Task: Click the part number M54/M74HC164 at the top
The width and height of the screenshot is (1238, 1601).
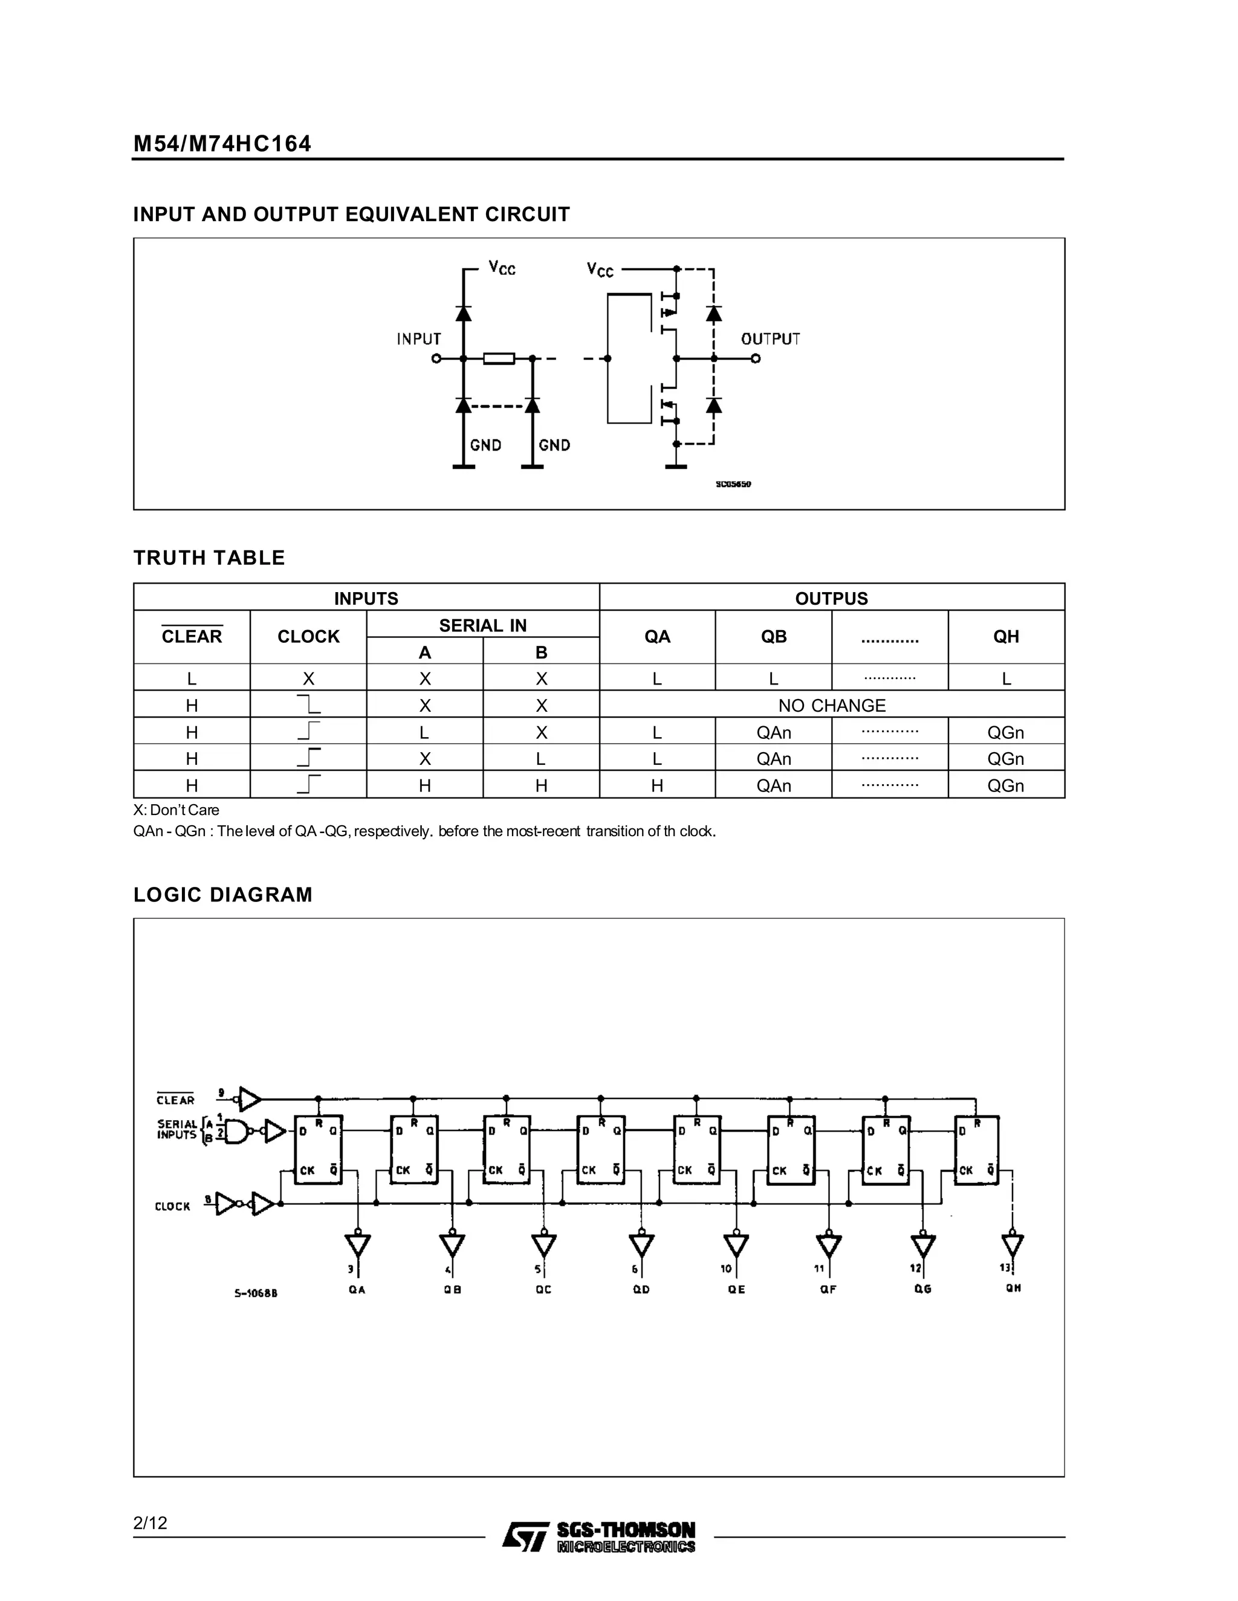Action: (x=222, y=144)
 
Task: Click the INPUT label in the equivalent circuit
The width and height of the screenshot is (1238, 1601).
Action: (x=419, y=339)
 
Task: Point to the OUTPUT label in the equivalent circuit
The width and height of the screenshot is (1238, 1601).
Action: (x=770, y=339)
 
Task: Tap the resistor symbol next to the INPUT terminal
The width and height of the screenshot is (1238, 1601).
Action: (x=499, y=358)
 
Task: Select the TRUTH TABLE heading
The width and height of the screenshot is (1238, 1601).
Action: (x=209, y=558)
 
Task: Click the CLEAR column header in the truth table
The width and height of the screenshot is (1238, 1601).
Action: (x=192, y=636)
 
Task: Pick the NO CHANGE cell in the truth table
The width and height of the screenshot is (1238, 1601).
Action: (x=832, y=705)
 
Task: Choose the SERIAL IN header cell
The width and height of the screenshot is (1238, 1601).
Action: (x=482, y=625)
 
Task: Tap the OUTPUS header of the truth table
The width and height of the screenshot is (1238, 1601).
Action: (x=831, y=598)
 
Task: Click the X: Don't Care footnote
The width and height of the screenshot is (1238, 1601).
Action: (x=176, y=810)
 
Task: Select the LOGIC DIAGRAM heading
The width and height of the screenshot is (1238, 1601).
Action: (x=223, y=895)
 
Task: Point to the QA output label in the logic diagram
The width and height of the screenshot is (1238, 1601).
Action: (x=357, y=1289)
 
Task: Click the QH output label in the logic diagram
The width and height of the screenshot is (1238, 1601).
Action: (x=1013, y=1288)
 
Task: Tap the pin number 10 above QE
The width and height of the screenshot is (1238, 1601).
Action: (x=726, y=1269)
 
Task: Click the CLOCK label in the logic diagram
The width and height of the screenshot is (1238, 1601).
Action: (x=172, y=1206)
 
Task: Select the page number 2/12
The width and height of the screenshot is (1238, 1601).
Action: (x=151, y=1523)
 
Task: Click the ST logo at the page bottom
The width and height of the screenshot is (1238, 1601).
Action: (x=525, y=1537)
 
